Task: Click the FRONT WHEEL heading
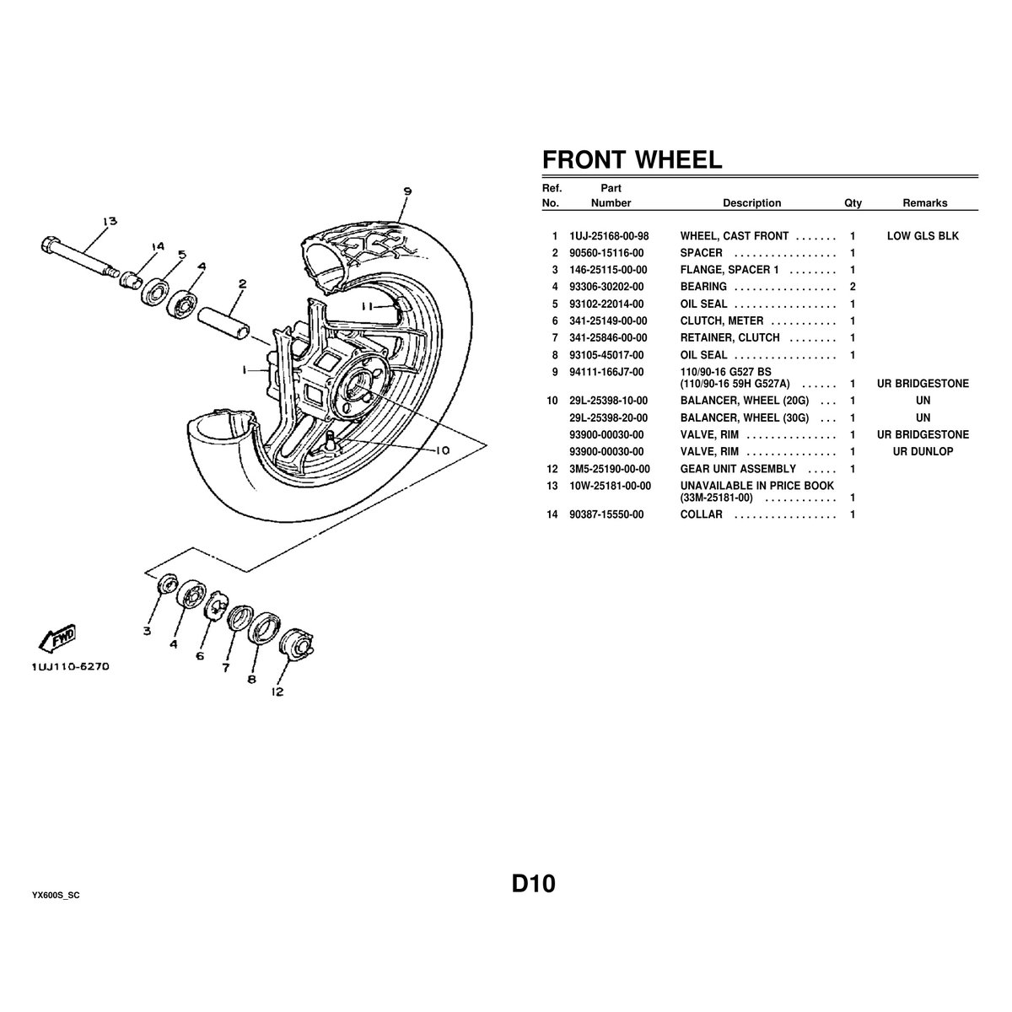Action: (x=632, y=159)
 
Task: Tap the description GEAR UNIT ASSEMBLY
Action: (x=738, y=469)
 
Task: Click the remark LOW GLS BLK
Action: (x=923, y=236)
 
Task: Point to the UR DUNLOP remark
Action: (x=923, y=452)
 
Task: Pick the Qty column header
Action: (x=853, y=203)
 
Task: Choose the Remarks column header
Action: (x=924, y=203)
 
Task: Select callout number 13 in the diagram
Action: (x=110, y=222)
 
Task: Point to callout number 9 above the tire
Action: (x=407, y=191)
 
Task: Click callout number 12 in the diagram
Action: (x=277, y=692)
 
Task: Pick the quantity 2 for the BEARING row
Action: (x=853, y=287)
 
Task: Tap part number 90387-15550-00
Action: (x=606, y=514)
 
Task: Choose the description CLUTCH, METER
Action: (x=722, y=320)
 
